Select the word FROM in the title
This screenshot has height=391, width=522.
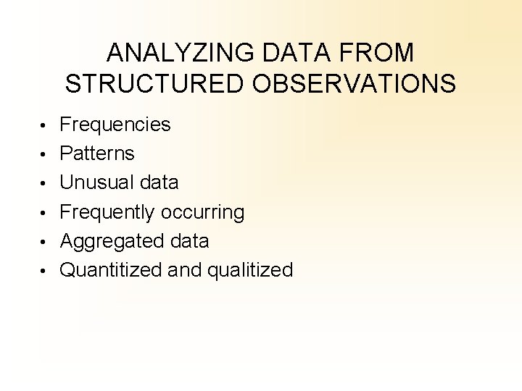pyautogui.click(x=381, y=53)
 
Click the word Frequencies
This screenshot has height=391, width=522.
pyautogui.click(x=115, y=125)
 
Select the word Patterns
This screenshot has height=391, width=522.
pyautogui.click(x=96, y=154)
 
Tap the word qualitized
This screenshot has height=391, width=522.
pyautogui.click(x=250, y=271)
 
